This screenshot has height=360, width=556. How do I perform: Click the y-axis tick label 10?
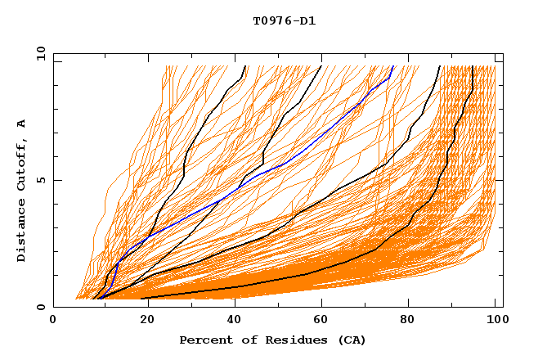coord(40,52)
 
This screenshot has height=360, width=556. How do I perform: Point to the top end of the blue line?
coord(393,66)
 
